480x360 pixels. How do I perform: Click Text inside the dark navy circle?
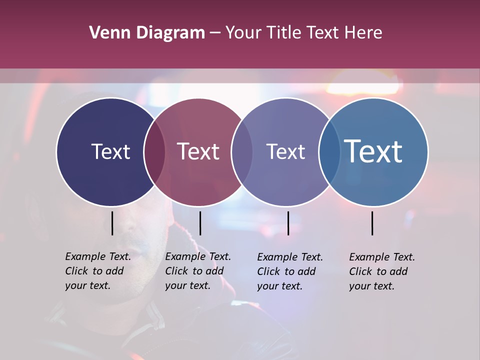click(110, 151)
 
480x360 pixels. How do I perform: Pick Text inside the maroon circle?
click(198, 151)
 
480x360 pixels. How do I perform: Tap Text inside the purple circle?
click(285, 151)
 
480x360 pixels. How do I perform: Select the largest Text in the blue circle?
click(373, 151)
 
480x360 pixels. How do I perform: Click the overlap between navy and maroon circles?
click(154, 151)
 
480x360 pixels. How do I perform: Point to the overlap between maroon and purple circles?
click(242, 151)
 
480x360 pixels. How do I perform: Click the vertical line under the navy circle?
click(112, 223)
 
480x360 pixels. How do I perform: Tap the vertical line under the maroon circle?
click(200, 223)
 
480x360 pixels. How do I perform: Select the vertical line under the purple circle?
click(288, 223)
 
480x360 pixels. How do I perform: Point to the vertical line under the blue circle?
click(372, 223)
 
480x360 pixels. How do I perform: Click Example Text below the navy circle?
click(98, 256)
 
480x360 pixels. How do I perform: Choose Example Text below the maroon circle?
click(198, 256)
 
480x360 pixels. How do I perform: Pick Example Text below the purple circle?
click(290, 257)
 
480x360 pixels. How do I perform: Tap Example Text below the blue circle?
click(382, 257)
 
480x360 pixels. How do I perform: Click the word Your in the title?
click(244, 33)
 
